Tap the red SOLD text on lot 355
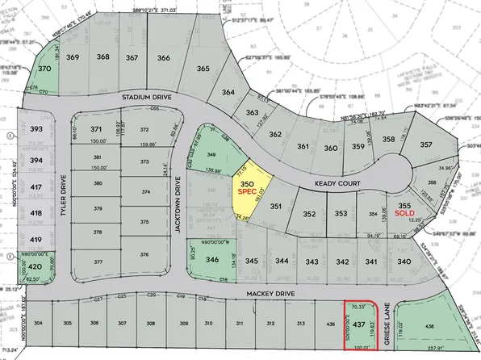406,216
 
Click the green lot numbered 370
45,69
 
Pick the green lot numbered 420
36,266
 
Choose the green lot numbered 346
213,260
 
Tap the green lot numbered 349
212,153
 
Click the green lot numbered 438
430,326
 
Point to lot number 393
36,129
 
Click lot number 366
164,57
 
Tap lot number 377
97,262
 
